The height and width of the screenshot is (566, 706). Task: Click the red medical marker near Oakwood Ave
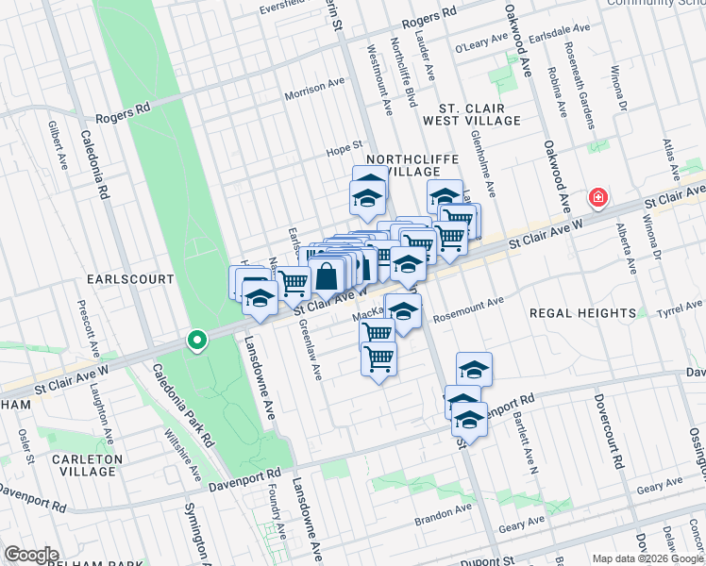pos(597,198)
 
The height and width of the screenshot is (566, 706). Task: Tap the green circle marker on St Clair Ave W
pos(196,340)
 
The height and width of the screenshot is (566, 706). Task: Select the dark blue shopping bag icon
pos(327,277)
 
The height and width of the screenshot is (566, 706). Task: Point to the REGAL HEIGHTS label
pos(582,312)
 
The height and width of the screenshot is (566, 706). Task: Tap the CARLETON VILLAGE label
pos(89,466)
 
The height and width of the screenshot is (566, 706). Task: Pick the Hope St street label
pos(345,145)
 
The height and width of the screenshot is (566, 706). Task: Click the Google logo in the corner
pos(30,555)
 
